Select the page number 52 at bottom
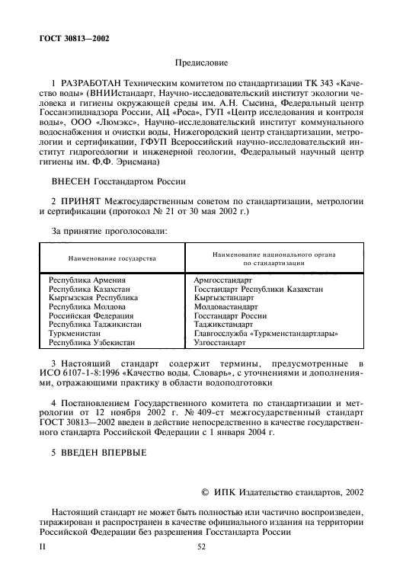[x=201, y=546]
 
